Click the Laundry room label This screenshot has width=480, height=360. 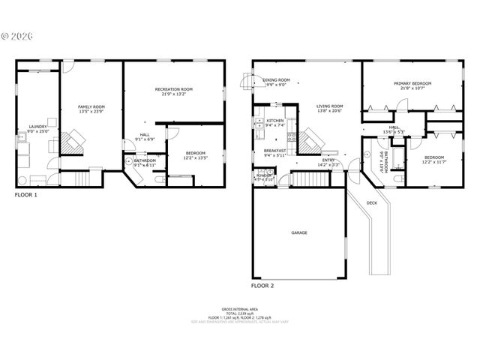[x=37, y=126]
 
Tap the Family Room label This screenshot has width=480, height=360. [x=91, y=107]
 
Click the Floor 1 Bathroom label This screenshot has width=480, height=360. [x=145, y=160]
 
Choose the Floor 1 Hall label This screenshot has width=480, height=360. [x=145, y=135]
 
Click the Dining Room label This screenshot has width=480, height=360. [x=277, y=80]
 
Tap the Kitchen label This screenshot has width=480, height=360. [x=275, y=121]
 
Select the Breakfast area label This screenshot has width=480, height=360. [x=275, y=151]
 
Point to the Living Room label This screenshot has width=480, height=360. [x=329, y=106]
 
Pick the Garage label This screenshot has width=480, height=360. [x=299, y=232]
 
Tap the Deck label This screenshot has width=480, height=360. [x=372, y=202]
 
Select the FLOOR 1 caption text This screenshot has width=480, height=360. [x=25, y=194]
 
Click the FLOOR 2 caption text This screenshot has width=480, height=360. [x=262, y=286]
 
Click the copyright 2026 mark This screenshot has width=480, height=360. [x=16, y=35]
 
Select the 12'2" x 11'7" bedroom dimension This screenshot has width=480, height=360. [x=433, y=141]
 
